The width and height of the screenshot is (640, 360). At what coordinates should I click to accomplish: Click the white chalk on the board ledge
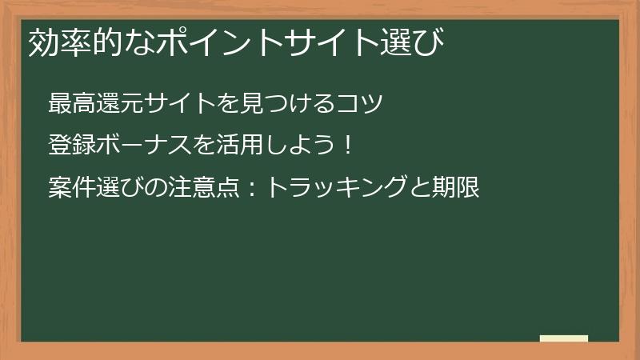(563, 338)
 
